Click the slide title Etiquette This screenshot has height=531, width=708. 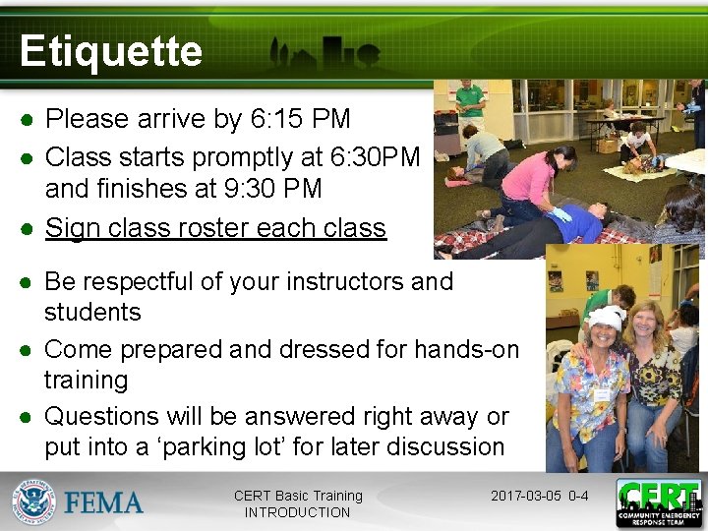click(x=110, y=51)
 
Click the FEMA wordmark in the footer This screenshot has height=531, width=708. click(x=103, y=503)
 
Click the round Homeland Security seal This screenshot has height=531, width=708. click(x=33, y=503)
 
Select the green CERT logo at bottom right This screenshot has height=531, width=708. click(x=659, y=503)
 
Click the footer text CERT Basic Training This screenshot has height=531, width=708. click(x=298, y=496)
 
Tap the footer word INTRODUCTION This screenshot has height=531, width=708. click(x=297, y=512)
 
